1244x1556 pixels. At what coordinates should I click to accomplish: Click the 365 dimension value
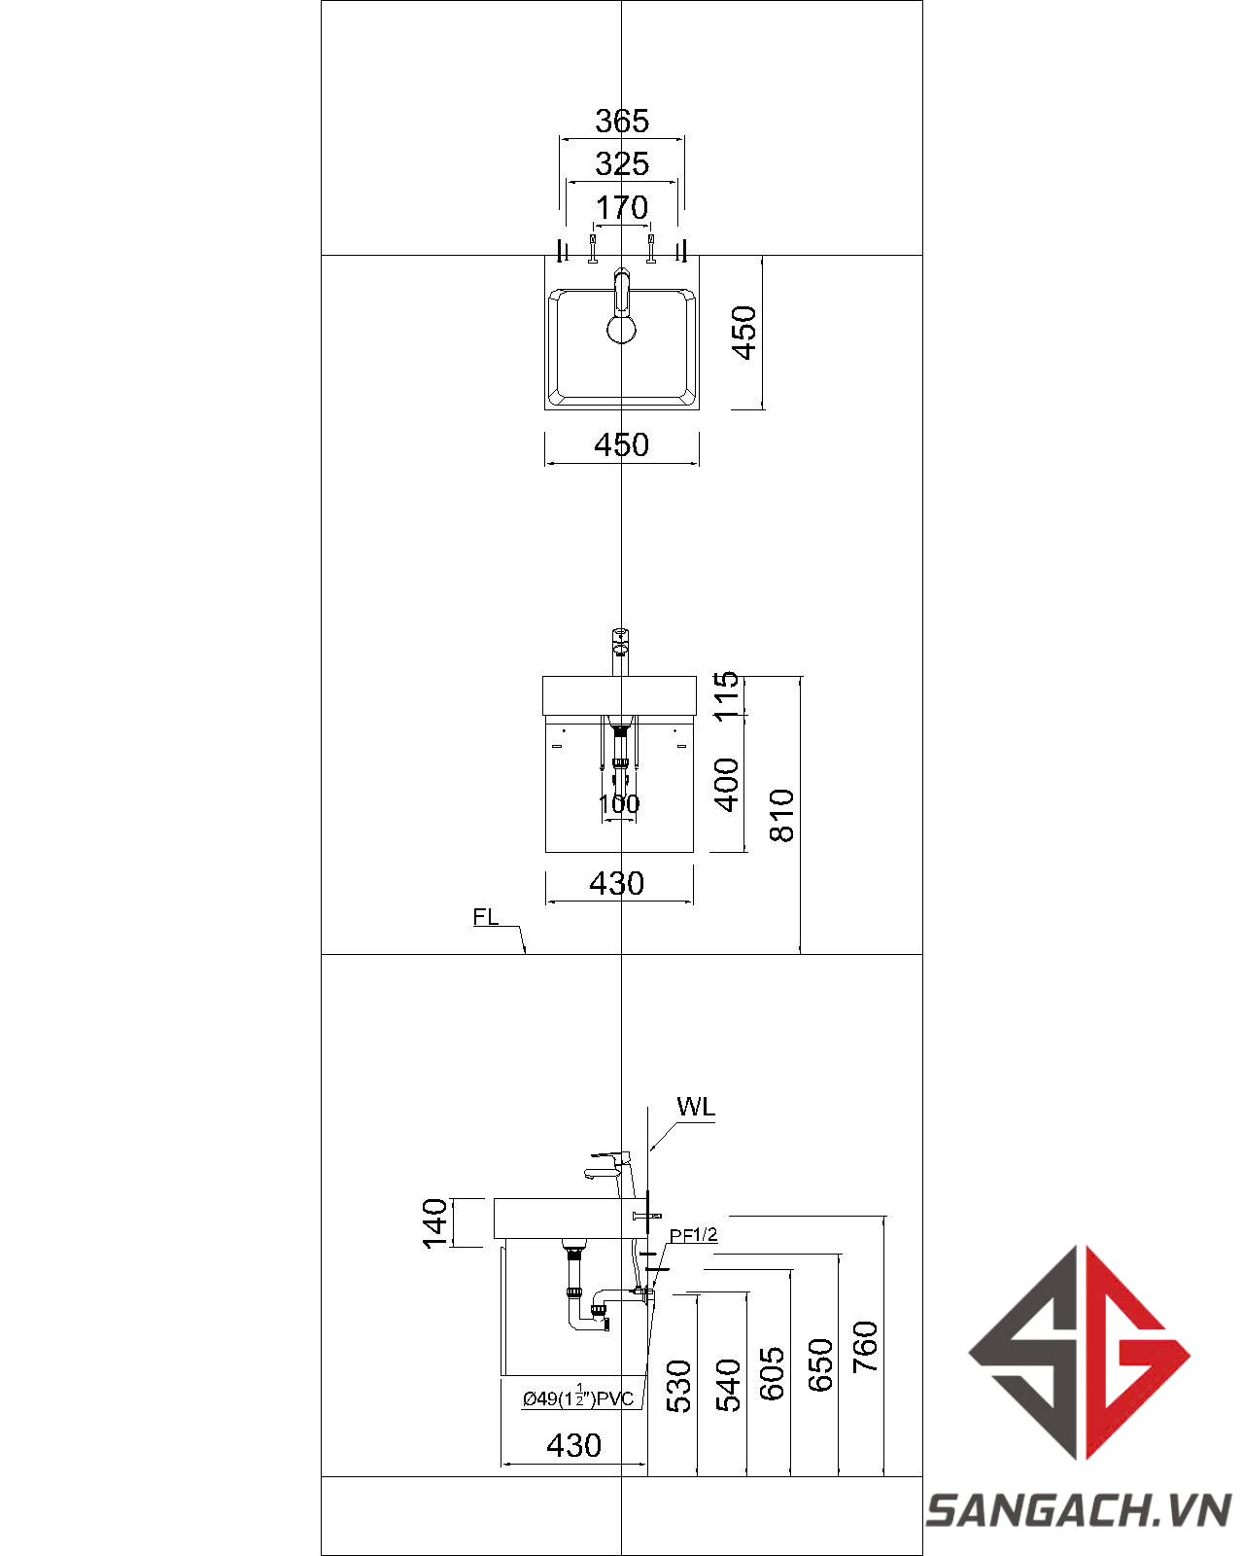point(622,122)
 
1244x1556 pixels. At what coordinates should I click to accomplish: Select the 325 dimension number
point(622,164)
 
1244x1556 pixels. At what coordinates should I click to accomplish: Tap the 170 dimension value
point(622,208)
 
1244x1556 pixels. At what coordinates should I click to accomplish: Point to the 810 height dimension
point(782,815)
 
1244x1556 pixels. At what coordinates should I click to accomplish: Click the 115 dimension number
point(727,696)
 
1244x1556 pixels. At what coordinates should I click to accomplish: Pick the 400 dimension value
point(727,785)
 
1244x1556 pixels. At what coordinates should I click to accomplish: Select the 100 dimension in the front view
point(619,804)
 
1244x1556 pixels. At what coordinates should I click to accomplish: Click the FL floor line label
point(486,917)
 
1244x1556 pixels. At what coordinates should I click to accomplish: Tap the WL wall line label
point(696,1107)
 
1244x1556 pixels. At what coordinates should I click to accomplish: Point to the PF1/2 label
point(693,1235)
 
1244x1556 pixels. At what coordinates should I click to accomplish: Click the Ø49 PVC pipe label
point(578,1398)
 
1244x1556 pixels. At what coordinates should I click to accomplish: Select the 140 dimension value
point(435,1223)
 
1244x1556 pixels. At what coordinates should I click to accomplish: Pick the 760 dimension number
point(865,1347)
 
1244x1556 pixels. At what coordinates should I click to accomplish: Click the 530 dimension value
point(679,1386)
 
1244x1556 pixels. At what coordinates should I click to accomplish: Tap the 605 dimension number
point(773,1373)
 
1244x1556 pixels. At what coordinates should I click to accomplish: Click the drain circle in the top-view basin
point(622,330)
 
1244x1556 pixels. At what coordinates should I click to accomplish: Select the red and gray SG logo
point(1079,1352)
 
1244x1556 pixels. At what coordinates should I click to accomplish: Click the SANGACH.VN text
point(1079,1511)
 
